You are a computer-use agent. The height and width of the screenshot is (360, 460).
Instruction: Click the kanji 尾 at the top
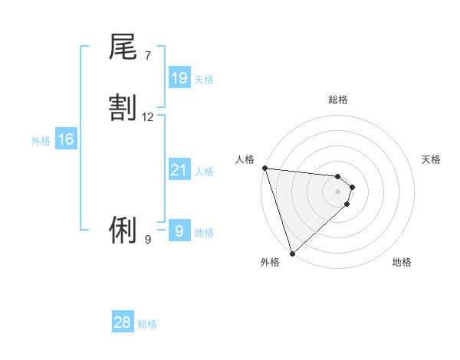click(x=123, y=47)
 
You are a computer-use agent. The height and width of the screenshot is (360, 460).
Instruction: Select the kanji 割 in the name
click(x=123, y=108)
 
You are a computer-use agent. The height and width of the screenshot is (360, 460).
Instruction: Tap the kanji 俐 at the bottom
click(x=123, y=229)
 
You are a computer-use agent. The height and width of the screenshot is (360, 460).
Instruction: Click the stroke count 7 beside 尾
click(x=147, y=56)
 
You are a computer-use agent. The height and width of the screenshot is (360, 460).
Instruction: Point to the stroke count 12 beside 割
click(x=148, y=117)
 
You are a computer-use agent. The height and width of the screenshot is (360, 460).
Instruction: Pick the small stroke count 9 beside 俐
click(x=147, y=240)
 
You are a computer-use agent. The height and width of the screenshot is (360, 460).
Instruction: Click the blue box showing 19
click(x=179, y=77)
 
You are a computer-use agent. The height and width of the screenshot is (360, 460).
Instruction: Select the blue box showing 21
click(x=179, y=170)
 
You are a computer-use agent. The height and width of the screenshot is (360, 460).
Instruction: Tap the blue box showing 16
click(x=66, y=139)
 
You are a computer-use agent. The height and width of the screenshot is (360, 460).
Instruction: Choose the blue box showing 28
click(x=123, y=322)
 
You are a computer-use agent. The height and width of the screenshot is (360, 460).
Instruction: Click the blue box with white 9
click(x=179, y=231)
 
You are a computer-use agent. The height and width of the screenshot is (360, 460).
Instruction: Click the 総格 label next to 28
click(x=147, y=324)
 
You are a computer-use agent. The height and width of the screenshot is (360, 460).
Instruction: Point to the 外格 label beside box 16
click(x=41, y=141)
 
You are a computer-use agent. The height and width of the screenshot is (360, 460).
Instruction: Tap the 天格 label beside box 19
click(x=204, y=79)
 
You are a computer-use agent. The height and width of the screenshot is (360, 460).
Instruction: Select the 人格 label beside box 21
click(x=204, y=172)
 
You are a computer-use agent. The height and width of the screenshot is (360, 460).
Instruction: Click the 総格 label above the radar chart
click(x=337, y=100)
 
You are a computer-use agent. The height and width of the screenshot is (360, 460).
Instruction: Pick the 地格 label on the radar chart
click(x=402, y=263)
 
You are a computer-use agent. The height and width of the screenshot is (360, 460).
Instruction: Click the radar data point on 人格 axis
click(x=264, y=168)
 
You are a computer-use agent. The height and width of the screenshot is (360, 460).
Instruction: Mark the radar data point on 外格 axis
click(x=292, y=253)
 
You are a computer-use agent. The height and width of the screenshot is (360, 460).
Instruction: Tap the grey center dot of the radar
click(x=337, y=191)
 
